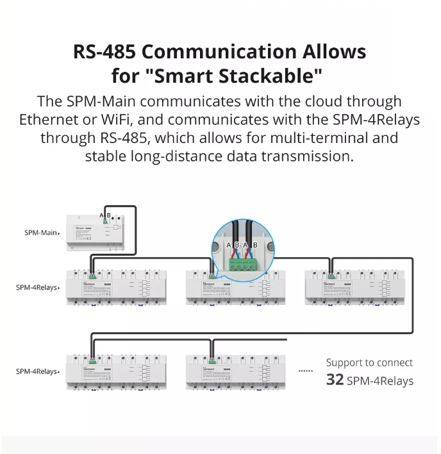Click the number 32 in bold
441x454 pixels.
tap(335, 380)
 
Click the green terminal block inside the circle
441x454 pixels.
tap(242, 259)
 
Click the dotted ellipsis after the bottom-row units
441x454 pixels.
tap(306, 371)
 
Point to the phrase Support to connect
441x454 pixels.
tap(369, 363)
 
